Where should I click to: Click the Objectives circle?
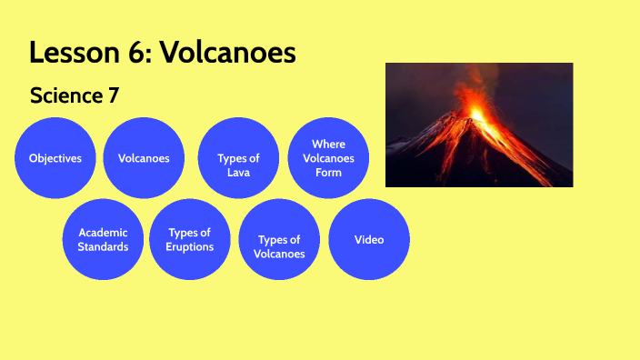[x=55, y=158]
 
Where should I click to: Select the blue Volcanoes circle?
[x=144, y=158]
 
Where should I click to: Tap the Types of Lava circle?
[x=238, y=158]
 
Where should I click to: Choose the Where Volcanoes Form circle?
[x=328, y=158]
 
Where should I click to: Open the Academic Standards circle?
[x=103, y=239]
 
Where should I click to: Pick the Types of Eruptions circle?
[x=190, y=239]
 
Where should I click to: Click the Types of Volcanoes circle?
[x=279, y=240]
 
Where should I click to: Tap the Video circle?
[x=368, y=240]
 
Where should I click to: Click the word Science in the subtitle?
[x=63, y=95]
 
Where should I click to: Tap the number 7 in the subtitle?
[x=114, y=95]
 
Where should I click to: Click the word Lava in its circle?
[x=238, y=173]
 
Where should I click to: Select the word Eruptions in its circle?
[x=190, y=246]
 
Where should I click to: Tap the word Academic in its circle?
[x=103, y=232]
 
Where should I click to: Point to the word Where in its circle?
[x=328, y=144]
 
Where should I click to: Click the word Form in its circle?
[x=328, y=173]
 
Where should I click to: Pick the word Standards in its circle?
[x=103, y=246]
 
